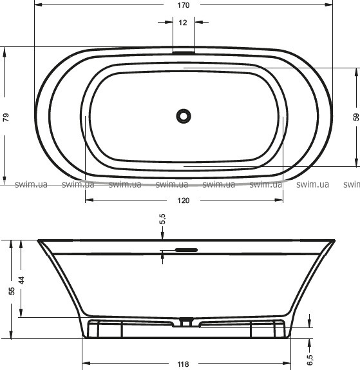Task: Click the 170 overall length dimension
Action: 183,5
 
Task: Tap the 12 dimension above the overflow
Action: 183,23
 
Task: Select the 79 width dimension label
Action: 6,117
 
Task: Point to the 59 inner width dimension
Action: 356,117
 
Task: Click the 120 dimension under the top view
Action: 183,200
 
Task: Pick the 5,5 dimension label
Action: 162,219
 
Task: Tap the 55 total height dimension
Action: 12,291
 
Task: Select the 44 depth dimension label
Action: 21,280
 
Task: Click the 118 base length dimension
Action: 183,364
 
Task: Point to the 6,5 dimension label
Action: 310,360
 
